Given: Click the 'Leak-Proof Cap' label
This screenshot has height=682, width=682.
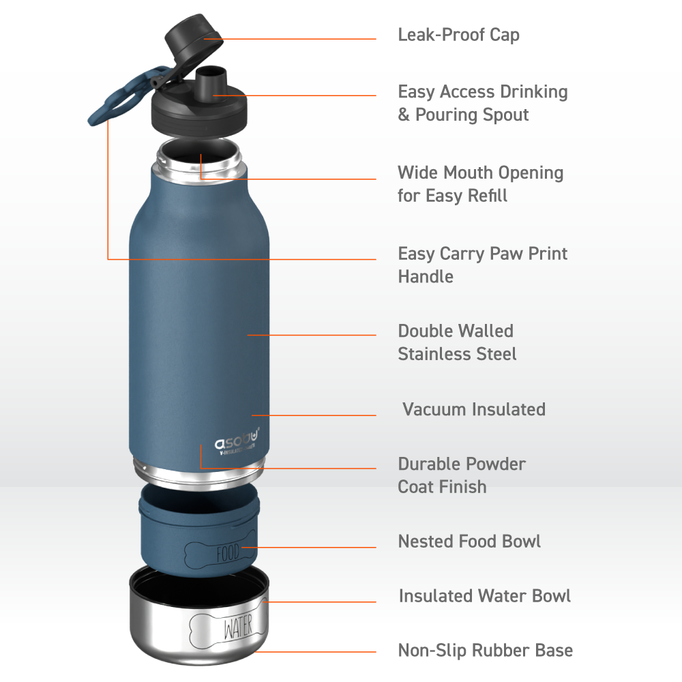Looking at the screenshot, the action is [458, 35].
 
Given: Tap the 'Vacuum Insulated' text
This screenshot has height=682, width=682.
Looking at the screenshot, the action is [474, 409].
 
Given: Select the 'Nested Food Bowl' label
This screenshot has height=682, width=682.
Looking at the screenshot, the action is [469, 542].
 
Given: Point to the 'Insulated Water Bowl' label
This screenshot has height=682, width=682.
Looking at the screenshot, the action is [484, 596].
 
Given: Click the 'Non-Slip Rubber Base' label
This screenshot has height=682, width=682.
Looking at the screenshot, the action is [486, 651].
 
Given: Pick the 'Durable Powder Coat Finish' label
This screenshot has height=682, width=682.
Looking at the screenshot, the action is [462, 475].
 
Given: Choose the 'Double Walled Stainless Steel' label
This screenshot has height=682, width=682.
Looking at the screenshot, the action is [457, 342].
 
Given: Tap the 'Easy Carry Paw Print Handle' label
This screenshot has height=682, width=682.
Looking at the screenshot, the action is [483, 265].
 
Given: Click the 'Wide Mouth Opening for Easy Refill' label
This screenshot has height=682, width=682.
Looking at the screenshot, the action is [481, 184].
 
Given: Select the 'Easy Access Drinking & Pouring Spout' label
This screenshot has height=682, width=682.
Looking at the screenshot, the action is [483, 104].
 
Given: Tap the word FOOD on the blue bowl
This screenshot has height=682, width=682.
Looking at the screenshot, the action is [228, 553].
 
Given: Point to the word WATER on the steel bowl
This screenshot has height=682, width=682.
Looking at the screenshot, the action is [238, 627].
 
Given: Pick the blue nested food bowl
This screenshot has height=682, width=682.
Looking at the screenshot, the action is [199, 531].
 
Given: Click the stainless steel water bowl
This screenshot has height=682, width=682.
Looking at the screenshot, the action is [199, 615].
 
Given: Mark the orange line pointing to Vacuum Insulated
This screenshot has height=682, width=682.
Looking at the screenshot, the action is [314, 415].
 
